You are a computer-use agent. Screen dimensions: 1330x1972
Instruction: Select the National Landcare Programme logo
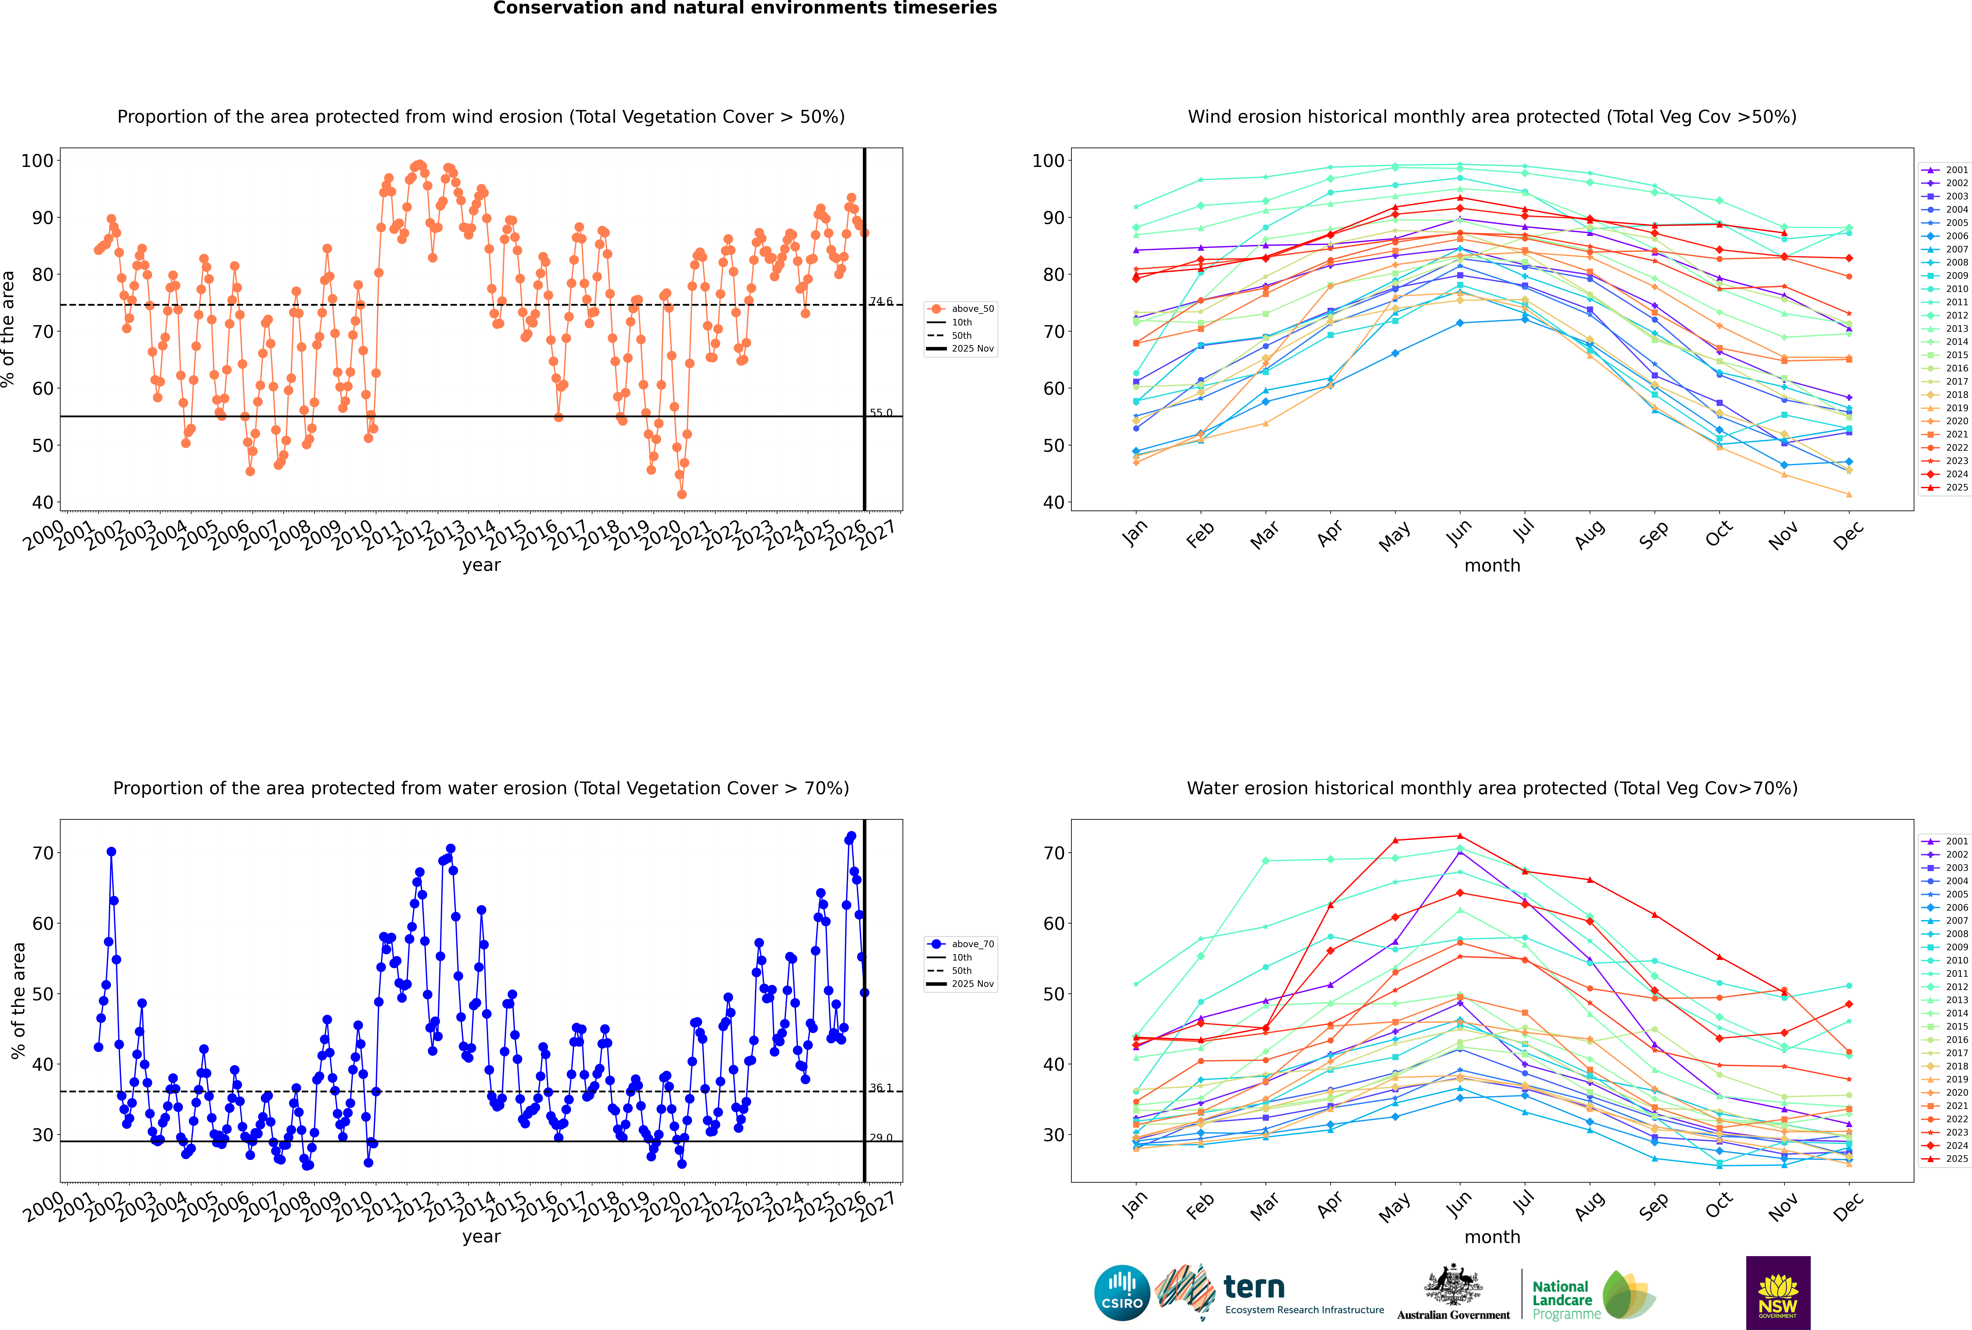(1592, 1295)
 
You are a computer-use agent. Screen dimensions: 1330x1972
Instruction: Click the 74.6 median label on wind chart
(881, 302)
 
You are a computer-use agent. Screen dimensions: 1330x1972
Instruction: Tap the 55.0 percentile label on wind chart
(881, 413)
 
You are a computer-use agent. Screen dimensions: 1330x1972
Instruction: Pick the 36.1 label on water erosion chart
(881, 1088)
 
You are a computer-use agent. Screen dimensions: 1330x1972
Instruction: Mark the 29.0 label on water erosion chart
(881, 1138)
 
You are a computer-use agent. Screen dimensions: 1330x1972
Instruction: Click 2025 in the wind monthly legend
(1957, 488)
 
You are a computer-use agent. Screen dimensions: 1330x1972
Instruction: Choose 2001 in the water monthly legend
(1957, 841)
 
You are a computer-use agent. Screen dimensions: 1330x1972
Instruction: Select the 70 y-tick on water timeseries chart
(42, 853)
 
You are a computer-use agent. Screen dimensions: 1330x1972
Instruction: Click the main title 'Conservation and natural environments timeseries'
(744, 8)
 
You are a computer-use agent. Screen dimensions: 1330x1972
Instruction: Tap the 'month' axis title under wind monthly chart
(1492, 566)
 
